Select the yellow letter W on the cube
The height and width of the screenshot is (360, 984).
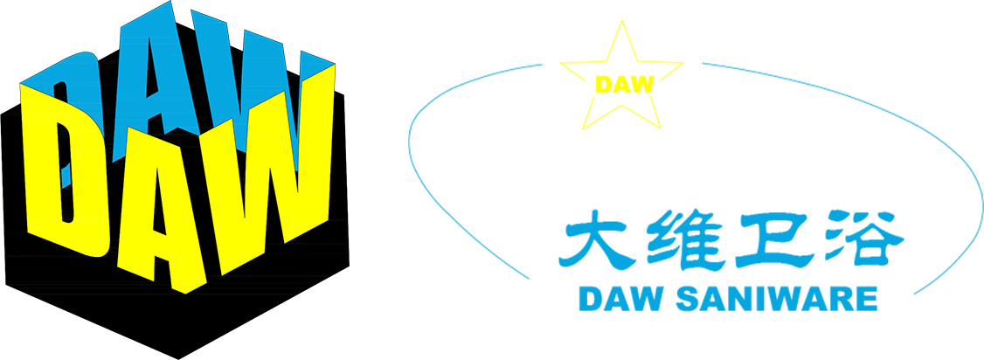(270, 182)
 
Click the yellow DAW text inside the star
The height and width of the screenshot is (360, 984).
(625, 85)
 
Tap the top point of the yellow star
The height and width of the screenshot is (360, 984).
(622, 20)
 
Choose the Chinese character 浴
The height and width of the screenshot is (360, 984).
(865, 241)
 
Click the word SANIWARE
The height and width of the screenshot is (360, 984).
(776, 299)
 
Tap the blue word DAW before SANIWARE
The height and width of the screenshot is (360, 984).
(620, 299)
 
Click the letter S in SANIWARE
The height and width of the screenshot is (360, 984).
(687, 299)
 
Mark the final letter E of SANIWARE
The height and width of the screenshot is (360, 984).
(867, 299)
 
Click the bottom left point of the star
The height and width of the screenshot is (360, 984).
(583, 129)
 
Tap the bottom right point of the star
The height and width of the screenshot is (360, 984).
(661, 128)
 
